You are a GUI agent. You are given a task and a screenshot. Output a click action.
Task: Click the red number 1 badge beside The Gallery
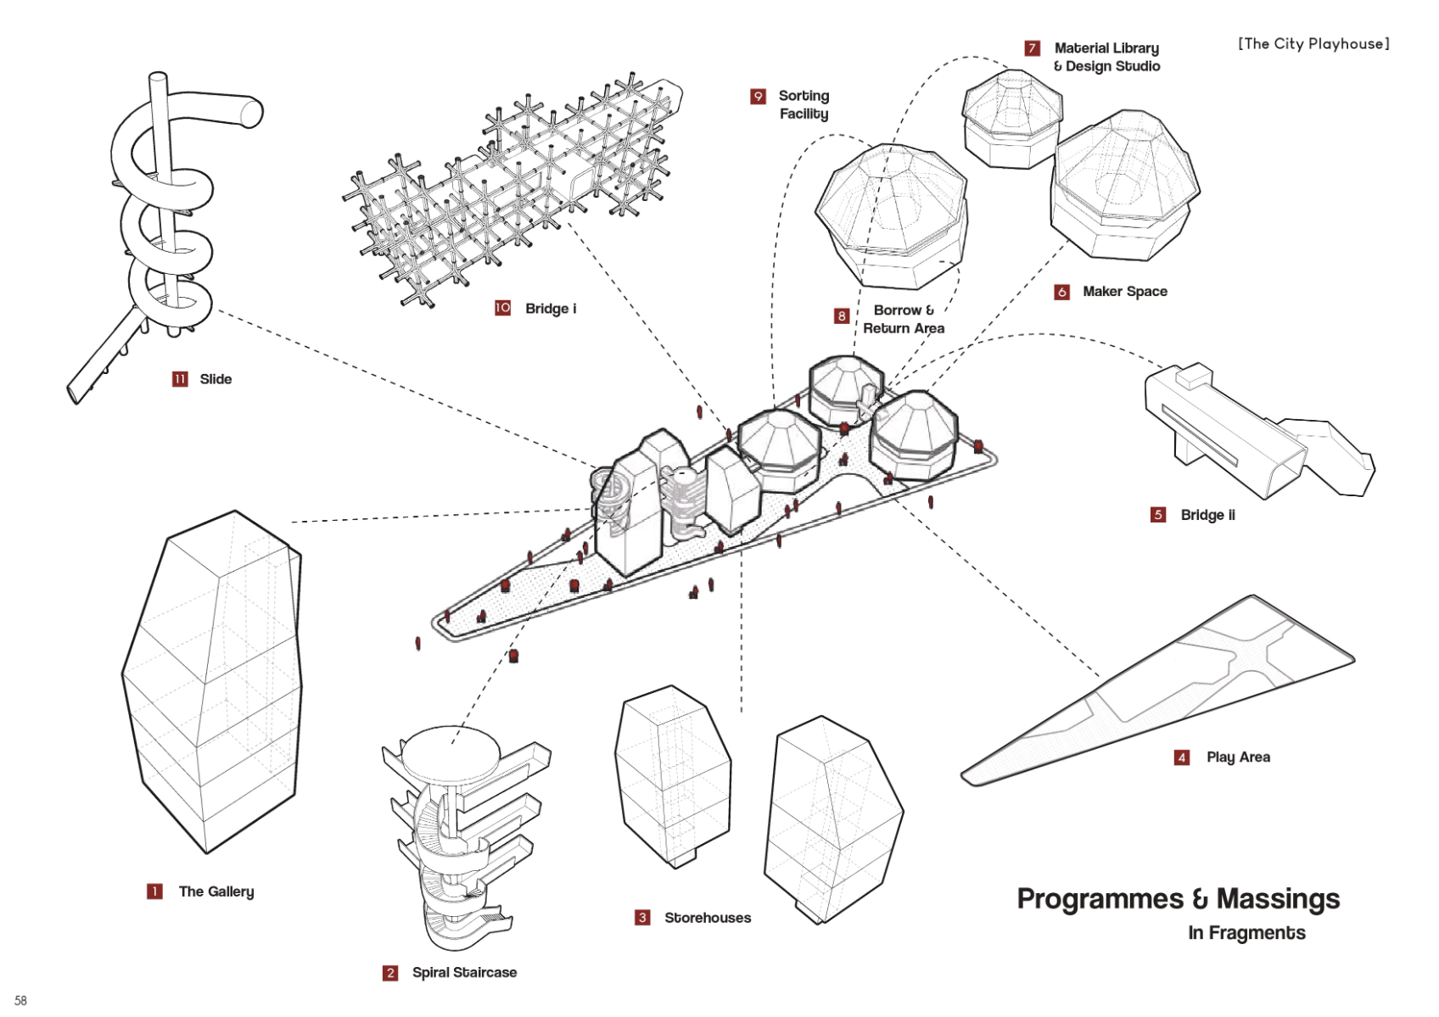[x=154, y=891]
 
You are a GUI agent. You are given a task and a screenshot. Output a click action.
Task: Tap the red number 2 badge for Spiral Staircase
[x=390, y=973]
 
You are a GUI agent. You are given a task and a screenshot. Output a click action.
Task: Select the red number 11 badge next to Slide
[x=180, y=379]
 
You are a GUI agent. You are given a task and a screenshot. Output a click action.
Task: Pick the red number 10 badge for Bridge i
[x=503, y=308]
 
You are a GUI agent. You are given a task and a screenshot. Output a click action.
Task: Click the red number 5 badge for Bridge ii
[x=1158, y=515]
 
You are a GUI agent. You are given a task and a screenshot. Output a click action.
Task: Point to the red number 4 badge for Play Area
[x=1182, y=757]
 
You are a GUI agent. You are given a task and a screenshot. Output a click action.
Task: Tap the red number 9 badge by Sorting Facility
[x=758, y=97]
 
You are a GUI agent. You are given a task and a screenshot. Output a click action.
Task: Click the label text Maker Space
[x=1124, y=292]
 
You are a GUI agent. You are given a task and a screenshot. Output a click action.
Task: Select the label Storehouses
[x=707, y=918]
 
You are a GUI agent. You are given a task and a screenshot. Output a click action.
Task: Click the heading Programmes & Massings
[x=1178, y=899]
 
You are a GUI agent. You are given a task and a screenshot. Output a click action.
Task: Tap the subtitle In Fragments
[x=1246, y=933]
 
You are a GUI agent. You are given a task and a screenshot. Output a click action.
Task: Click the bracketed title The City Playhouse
[x=1313, y=44]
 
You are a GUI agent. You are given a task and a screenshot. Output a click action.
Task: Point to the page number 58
[x=21, y=1001]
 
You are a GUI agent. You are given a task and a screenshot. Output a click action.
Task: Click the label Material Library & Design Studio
[x=1106, y=57]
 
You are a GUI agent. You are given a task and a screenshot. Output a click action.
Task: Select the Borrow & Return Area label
[x=904, y=319]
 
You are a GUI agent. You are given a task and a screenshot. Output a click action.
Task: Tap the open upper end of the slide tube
[x=252, y=113]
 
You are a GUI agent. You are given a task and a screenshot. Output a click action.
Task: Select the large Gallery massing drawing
[x=212, y=679]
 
